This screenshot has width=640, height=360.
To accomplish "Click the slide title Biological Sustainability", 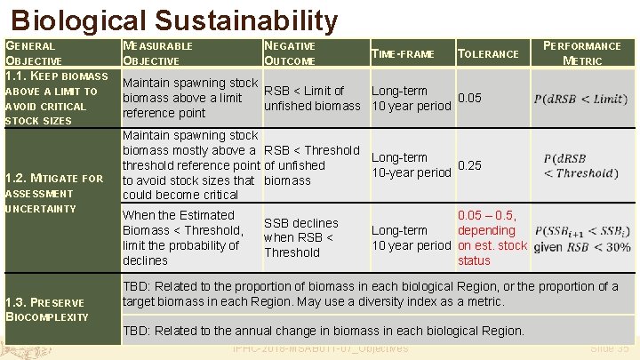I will (x=175, y=20).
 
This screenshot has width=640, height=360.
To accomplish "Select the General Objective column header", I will (x=34, y=52).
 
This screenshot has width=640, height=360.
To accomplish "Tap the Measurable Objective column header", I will (x=157, y=52).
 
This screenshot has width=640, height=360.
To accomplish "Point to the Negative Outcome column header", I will (x=290, y=52).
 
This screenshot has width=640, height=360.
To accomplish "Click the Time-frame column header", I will (x=403, y=54).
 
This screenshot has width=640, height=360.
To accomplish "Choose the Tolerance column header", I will (x=487, y=54).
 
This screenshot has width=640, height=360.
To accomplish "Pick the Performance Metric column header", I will (x=582, y=52).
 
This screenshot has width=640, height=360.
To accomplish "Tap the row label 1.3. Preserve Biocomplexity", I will (x=47, y=309).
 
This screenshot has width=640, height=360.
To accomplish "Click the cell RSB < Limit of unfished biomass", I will (x=312, y=99).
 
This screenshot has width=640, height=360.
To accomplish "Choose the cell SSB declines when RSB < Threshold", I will (x=300, y=237).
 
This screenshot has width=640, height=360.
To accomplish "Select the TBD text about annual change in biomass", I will (x=324, y=331).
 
